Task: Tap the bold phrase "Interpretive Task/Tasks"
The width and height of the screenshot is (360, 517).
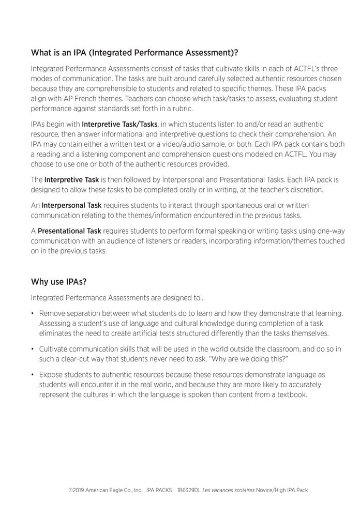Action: (x=119, y=125)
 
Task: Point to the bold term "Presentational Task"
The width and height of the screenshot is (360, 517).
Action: (x=70, y=231)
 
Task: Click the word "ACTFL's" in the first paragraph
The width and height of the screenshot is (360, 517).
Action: (x=304, y=68)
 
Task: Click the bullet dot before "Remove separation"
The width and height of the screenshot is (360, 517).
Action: (x=33, y=314)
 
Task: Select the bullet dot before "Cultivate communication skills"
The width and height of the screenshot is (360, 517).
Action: (x=33, y=349)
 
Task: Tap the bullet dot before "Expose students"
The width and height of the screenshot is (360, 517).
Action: (x=33, y=375)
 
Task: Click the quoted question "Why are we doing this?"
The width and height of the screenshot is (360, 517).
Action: (x=243, y=359)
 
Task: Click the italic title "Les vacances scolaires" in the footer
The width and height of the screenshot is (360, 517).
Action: (x=228, y=490)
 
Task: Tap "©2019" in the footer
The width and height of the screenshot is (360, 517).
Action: (x=76, y=490)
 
